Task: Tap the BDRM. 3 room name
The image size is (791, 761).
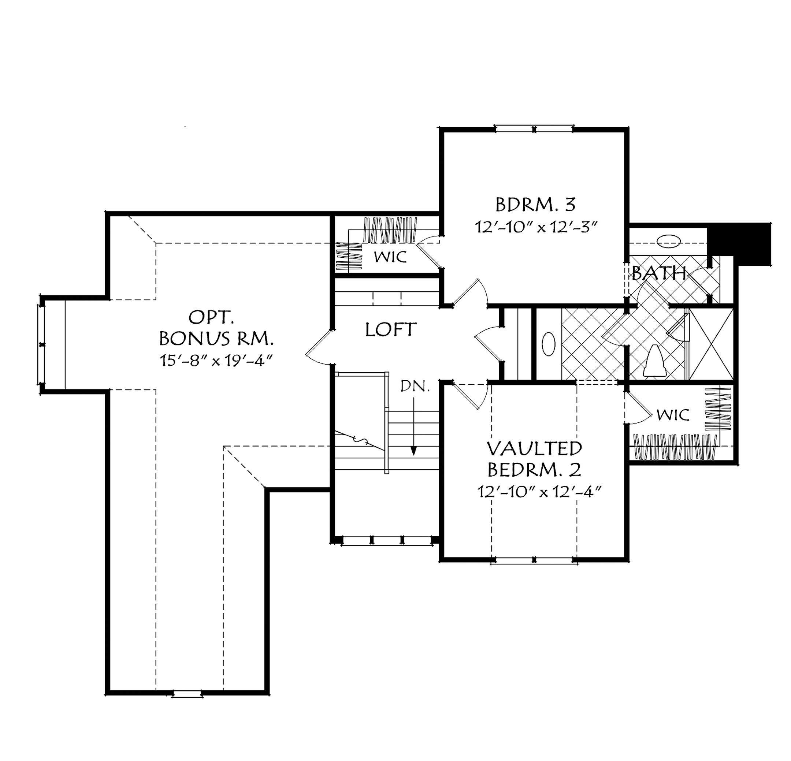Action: coord(535,205)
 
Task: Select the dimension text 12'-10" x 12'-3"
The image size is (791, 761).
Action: coord(535,227)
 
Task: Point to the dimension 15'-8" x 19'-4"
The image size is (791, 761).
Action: coord(217,360)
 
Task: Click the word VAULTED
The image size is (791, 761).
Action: coord(534,448)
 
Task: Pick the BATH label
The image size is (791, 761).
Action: coord(659,274)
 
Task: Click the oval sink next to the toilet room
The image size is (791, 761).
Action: coord(549,344)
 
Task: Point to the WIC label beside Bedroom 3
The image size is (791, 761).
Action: coord(390,257)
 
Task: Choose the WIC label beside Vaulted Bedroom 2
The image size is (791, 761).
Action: coord(673,415)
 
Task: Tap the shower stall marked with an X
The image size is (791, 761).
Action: coord(711,344)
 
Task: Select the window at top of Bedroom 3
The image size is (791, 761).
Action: coord(534,130)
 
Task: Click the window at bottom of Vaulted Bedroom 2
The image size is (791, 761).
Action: coord(534,560)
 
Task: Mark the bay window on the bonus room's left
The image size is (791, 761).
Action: coord(42,345)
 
